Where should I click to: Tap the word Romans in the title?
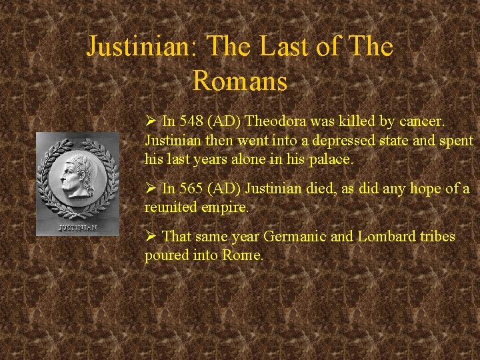[240, 81]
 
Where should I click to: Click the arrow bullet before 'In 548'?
[150, 122]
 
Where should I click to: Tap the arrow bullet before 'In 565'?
[150, 189]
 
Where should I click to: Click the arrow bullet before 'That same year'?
[150, 237]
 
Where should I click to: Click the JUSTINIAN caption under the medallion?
[77, 227]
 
